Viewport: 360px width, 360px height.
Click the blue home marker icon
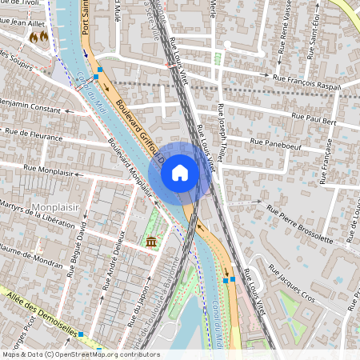coord(180,173)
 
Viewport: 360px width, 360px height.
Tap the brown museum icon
coord(150,242)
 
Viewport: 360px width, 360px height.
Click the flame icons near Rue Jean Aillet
coord(38,37)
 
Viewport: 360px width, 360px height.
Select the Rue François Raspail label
coord(306,79)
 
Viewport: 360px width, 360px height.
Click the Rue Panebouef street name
coord(292,146)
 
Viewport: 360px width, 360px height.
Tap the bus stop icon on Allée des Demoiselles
coord(81,335)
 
